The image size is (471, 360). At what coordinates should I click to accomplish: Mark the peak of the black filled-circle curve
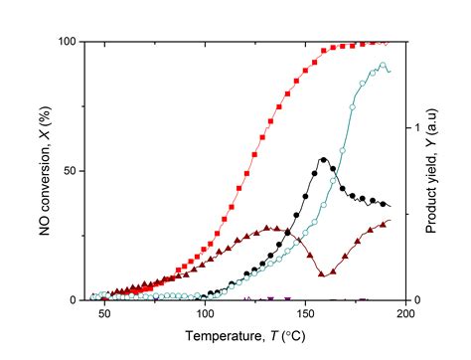[324, 159]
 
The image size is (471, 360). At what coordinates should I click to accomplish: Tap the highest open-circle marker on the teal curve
[383, 66]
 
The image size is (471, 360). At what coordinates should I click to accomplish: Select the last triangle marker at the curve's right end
[388, 222]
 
